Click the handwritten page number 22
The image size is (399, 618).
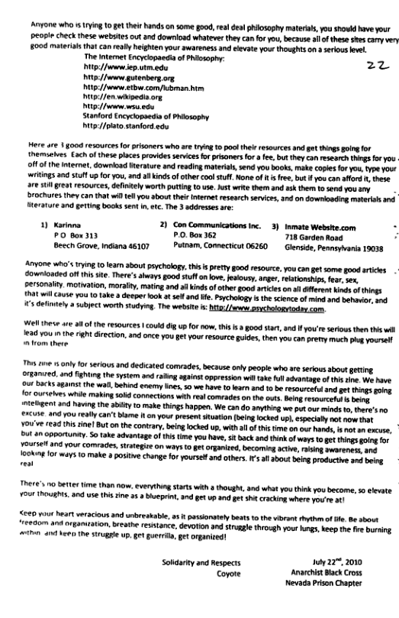[356, 66]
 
